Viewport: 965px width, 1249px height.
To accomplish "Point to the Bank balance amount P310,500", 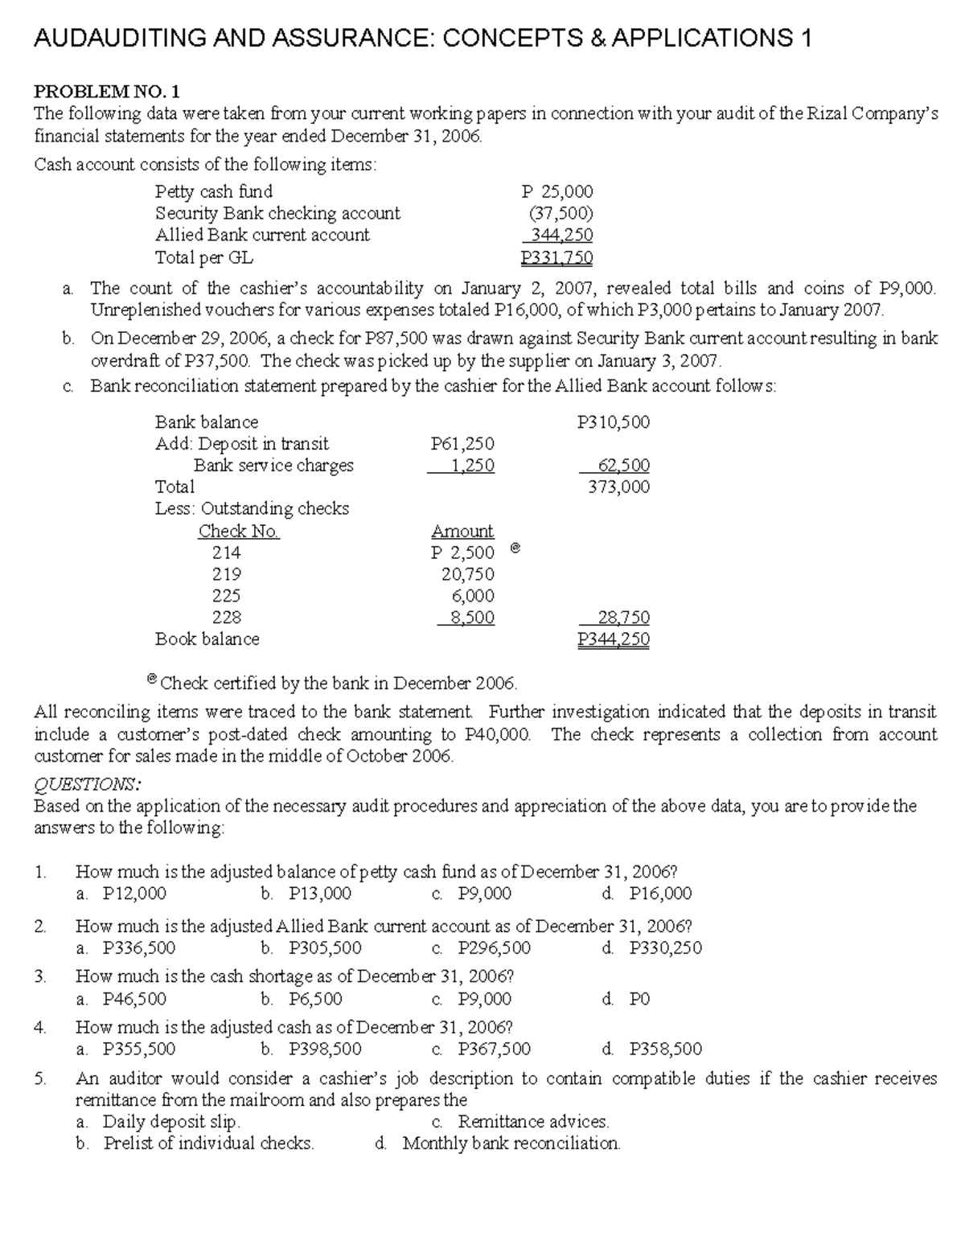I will tap(614, 422).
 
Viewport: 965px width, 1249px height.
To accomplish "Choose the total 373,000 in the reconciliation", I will tap(618, 487).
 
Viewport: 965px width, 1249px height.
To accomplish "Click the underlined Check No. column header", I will tap(239, 531).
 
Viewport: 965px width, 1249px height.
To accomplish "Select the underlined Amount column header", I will tap(462, 531).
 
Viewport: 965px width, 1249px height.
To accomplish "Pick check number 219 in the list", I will tap(226, 574).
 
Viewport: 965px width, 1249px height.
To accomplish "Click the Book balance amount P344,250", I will tap(614, 639).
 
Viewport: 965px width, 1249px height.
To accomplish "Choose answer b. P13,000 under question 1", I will tap(306, 894).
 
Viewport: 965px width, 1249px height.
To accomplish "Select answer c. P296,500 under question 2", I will tap(481, 948).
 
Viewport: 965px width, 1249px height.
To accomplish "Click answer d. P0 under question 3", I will tap(626, 1000).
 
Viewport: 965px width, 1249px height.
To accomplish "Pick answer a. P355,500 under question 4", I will tap(125, 1049).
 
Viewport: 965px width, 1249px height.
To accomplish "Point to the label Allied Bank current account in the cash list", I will tap(262, 235).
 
